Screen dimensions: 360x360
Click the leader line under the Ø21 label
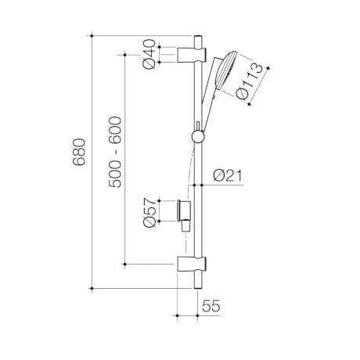point(223,184)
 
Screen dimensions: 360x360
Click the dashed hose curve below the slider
point(185,172)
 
